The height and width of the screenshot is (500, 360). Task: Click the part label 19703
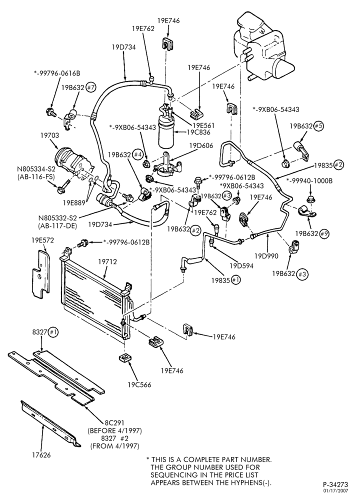click(x=49, y=135)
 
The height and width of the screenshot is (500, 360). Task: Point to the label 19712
click(x=107, y=262)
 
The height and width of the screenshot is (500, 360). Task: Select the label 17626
click(x=41, y=455)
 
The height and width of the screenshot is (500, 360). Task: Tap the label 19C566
click(x=139, y=385)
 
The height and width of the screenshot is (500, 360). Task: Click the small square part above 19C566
click(x=125, y=357)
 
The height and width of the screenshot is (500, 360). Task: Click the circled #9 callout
click(x=324, y=233)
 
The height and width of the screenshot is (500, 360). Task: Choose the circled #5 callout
click(x=318, y=126)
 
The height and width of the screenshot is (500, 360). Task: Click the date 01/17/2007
click(x=336, y=491)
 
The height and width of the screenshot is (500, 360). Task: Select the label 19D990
click(x=266, y=255)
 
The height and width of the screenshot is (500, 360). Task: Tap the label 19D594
click(x=241, y=265)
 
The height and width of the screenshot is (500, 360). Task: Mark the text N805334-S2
click(x=34, y=169)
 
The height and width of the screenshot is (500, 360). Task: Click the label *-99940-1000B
click(x=309, y=181)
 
